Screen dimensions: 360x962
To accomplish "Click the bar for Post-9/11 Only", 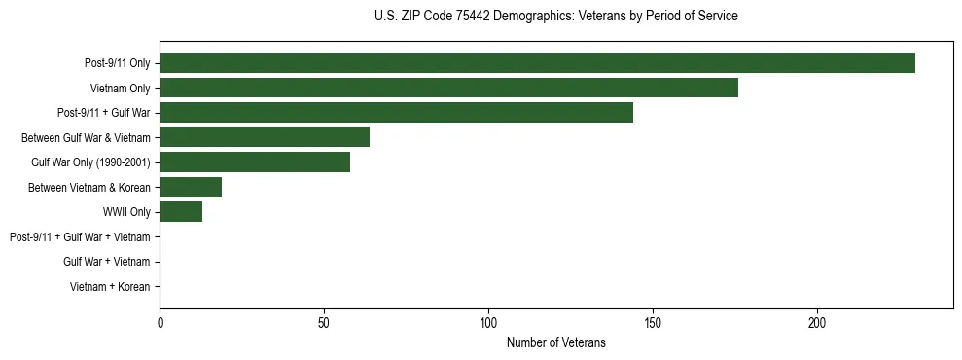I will tap(537, 63).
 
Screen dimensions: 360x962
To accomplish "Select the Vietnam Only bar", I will tap(448, 88).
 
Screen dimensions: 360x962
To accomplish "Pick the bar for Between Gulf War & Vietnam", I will tap(265, 137).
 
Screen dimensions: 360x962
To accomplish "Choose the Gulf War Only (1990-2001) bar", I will tap(255, 162).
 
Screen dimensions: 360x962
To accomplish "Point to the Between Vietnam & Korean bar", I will tap(191, 187).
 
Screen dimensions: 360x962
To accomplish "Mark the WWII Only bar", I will tap(181, 212).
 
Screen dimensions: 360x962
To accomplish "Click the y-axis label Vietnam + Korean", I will tap(110, 287).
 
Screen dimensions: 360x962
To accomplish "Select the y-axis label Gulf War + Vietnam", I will tap(106, 262).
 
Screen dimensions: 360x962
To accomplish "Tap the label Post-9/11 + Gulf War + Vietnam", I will tap(80, 237).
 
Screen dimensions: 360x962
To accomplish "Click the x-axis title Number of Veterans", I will tap(555, 342).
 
